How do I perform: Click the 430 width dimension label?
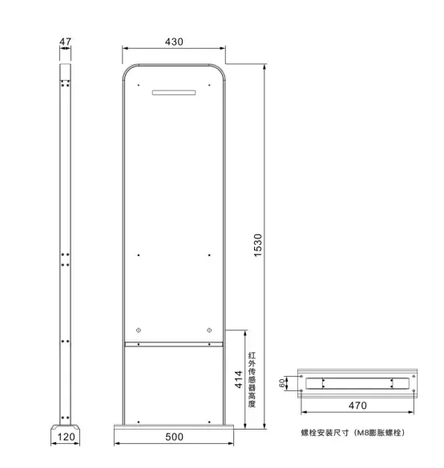174,42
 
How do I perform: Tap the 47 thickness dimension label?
65,42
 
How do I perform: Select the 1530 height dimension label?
258,245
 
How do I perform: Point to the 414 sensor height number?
238,379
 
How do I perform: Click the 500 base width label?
174,437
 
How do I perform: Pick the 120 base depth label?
66,437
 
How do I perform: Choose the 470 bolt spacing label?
357,406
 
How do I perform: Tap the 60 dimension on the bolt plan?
281,383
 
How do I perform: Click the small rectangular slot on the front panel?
174,93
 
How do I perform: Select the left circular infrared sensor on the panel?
138,330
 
